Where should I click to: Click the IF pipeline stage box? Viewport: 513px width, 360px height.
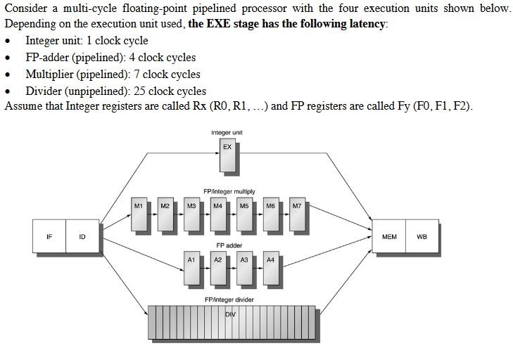(x=49, y=237)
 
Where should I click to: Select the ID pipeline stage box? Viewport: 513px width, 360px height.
(x=82, y=237)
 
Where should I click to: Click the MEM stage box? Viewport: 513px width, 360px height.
(x=389, y=237)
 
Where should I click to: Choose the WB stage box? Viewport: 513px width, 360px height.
(x=422, y=237)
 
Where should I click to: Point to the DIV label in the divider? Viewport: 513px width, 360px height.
(x=230, y=314)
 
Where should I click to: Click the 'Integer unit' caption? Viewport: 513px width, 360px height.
(x=227, y=132)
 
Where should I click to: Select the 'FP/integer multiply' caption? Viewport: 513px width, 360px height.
(x=229, y=191)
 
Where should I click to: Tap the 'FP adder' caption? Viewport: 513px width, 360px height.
(x=229, y=245)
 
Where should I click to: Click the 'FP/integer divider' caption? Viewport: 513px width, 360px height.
(x=229, y=300)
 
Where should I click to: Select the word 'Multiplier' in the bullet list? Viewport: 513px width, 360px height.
(x=51, y=74)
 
